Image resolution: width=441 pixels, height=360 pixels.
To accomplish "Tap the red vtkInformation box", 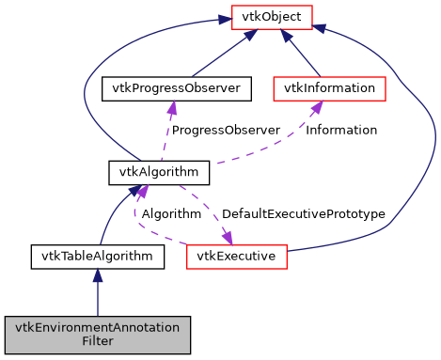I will [329, 89].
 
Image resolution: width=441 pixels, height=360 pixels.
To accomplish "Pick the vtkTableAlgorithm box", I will [98, 255].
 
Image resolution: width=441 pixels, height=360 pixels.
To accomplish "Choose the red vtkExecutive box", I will [236, 255].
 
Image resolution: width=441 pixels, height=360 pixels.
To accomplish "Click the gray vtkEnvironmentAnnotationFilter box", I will [98, 335].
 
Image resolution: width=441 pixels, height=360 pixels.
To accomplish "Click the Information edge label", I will [341, 130].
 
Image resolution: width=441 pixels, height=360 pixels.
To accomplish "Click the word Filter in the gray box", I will [98, 342].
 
